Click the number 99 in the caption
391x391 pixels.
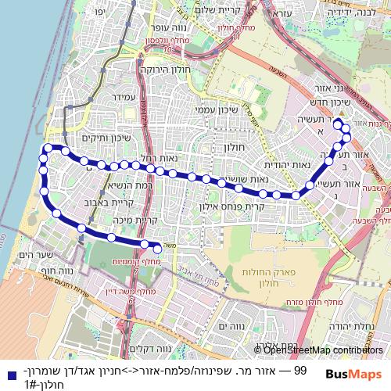coord(298,371)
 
